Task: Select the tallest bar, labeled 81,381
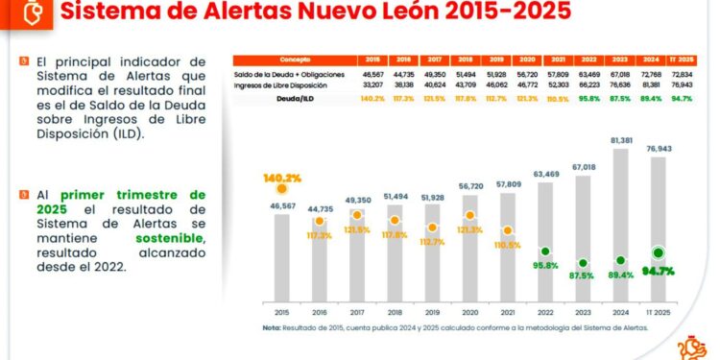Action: click(619, 221)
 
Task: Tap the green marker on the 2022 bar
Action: click(544, 252)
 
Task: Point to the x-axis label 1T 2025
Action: click(658, 312)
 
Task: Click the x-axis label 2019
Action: click(432, 312)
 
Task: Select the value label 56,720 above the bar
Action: click(469, 187)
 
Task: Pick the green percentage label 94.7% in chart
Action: click(658, 271)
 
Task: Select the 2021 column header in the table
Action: click(558, 59)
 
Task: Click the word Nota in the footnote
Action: click(273, 327)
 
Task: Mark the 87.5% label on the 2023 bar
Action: click(583, 275)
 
